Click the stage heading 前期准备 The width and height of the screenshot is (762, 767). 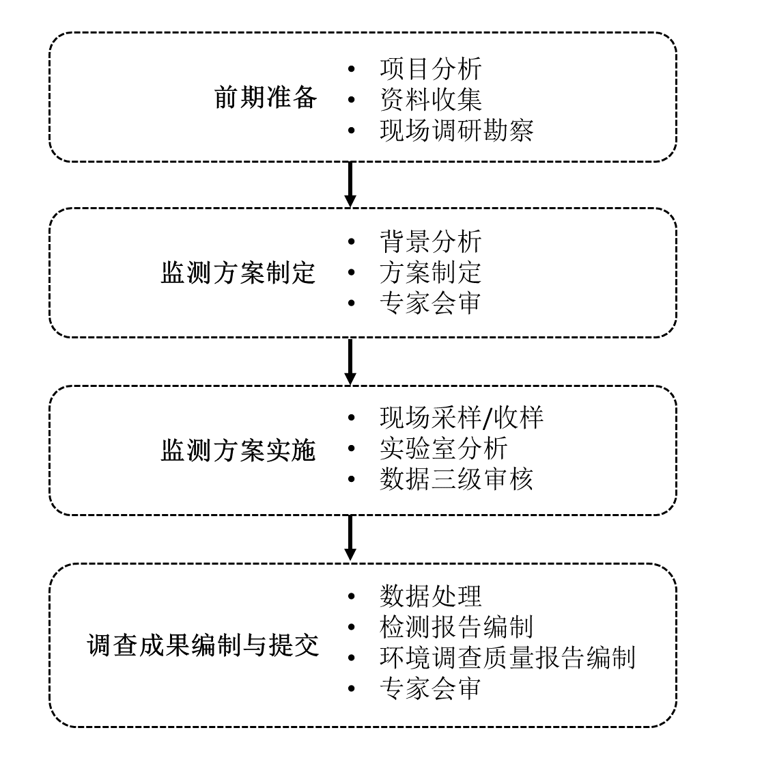pos(266,98)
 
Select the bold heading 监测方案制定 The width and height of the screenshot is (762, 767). pos(238,273)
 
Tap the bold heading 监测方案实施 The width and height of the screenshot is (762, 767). pos(238,450)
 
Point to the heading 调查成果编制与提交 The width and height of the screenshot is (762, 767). pos(203,645)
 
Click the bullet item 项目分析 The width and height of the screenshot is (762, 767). pos(430,69)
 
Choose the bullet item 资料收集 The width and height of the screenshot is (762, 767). pos(430,100)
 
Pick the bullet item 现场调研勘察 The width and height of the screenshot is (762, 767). pos(456,131)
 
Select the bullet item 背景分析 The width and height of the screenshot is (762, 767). pos(430,242)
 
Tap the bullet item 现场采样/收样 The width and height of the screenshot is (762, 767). pos(462,418)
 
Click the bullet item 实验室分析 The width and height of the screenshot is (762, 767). pos(443,448)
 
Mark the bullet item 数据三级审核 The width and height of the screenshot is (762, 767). pos(456,479)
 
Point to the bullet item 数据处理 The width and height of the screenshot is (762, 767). pos(430,595)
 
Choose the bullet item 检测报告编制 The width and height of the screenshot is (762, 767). pos(456,626)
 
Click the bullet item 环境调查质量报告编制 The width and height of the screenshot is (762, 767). pos(507,657)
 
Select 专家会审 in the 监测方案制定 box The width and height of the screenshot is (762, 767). pos(430,304)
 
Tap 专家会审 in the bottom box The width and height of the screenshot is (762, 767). pos(430,688)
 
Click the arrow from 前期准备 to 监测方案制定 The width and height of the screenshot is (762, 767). pos(350,184)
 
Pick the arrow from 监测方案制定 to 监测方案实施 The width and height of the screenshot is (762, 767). pos(350,361)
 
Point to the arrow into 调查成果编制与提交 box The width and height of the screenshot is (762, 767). pos(350,538)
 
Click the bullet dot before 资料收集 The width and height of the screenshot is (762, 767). pos(352,100)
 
